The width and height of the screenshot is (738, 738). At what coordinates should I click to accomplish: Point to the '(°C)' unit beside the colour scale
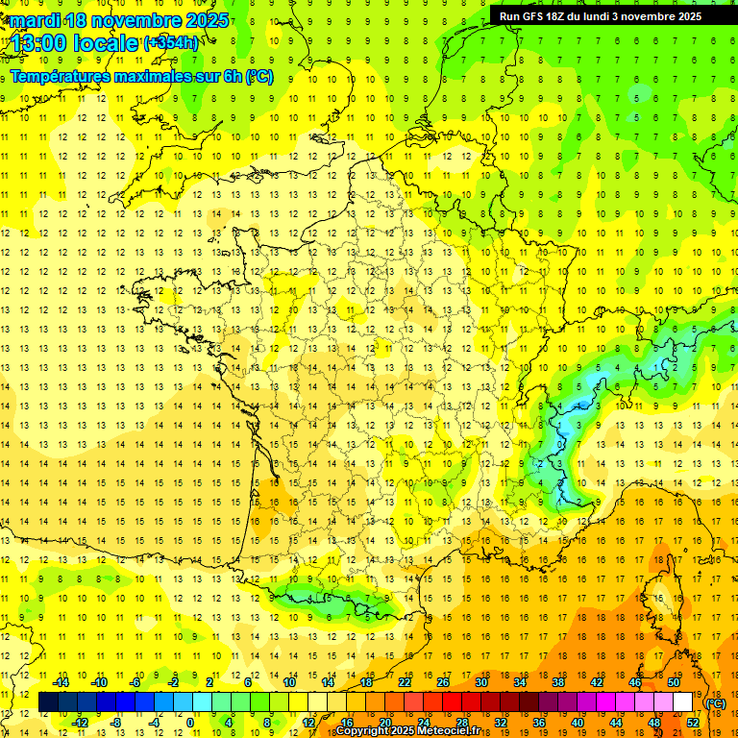715,702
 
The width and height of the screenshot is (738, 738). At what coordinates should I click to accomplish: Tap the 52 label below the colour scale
692,723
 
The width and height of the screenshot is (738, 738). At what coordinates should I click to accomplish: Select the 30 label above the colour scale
480,682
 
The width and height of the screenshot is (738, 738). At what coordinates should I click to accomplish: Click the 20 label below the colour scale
384,723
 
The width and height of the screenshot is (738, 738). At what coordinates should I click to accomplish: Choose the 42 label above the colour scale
596,682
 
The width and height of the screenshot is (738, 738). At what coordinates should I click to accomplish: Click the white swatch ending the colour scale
683,702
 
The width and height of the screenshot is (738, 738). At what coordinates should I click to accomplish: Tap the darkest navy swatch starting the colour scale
48,702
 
